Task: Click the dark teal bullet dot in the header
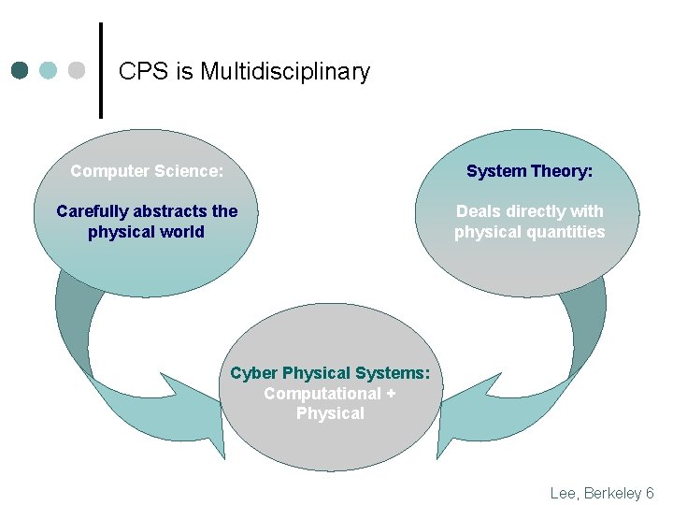coord(20,70)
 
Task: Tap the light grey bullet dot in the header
coord(77,70)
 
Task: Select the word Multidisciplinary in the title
coord(285,71)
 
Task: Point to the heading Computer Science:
coord(147,171)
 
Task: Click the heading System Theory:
coord(530,171)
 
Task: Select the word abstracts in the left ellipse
coord(171,211)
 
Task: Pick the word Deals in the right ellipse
coord(479,211)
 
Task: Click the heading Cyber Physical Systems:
coord(330,373)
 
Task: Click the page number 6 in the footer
coord(650,493)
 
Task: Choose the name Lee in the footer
coord(564,493)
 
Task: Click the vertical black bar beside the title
coord(101,70)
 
